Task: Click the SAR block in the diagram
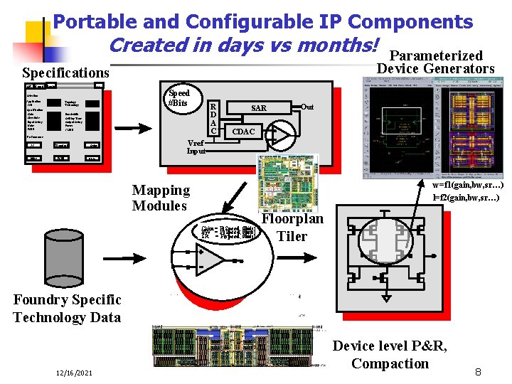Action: (x=259, y=108)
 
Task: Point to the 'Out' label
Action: (x=307, y=107)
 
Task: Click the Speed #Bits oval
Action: (x=178, y=99)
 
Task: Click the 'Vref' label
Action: (x=197, y=142)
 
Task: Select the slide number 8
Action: (x=479, y=372)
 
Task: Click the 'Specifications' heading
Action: (x=65, y=73)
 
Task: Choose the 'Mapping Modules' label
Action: (x=161, y=198)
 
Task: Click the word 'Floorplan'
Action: (x=292, y=219)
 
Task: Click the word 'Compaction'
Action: (x=390, y=363)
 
